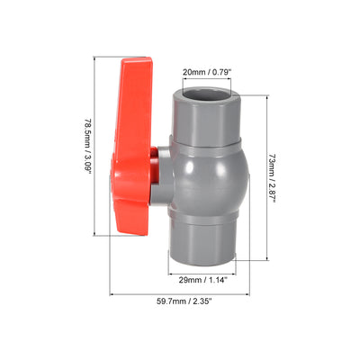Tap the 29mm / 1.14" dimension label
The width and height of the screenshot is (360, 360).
[x=202, y=280]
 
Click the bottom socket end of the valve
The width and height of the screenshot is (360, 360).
[x=202, y=243]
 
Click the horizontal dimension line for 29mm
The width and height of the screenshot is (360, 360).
[x=202, y=269]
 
